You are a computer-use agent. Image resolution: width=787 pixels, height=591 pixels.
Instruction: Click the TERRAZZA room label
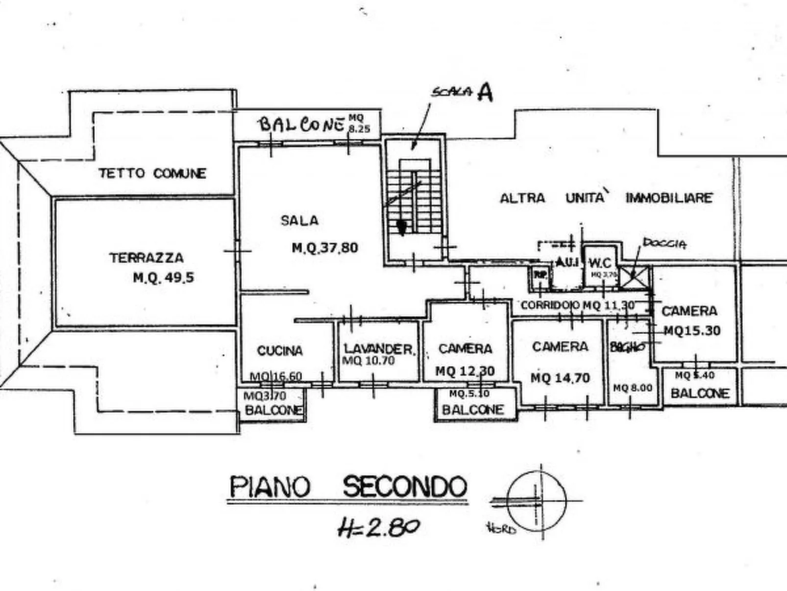pyautogui.click(x=146, y=258)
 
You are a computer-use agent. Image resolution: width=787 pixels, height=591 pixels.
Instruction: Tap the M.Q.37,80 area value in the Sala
pyautogui.click(x=325, y=248)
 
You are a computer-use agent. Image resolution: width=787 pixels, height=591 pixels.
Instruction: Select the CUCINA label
pyautogui.click(x=280, y=351)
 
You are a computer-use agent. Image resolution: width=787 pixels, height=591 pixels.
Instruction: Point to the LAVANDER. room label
pyautogui.click(x=379, y=349)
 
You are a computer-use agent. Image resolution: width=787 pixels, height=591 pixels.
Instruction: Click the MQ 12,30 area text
pyautogui.click(x=465, y=371)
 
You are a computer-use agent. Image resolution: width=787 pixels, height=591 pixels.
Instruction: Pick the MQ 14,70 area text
pyautogui.click(x=560, y=378)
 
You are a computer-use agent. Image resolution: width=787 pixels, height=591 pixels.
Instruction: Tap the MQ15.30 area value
pyautogui.click(x=692, y=331)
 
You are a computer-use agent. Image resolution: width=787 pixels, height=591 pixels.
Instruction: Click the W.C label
pyautogui.click(x=600, y=263)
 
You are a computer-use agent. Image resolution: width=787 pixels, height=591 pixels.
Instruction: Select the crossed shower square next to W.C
pyautogui.click(x=636, y=277)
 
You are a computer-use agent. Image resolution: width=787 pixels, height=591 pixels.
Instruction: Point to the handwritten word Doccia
pyautogui.click(x=664, y=242)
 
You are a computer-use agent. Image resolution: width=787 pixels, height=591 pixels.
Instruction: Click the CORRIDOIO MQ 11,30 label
pyautogui.click(x=577, y=305)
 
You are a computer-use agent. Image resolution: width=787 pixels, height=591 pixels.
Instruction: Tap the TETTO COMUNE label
pyautogui.click(x=152, y=173)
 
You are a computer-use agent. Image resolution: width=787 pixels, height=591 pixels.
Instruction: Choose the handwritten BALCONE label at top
pyautogui.click(x=301, y=124)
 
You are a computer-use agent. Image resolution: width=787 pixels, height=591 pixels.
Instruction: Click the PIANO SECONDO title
pyautogui.click(x=347, y=487)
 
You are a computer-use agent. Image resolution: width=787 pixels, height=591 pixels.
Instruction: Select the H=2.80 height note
pyautogui.click(x=378, y=528)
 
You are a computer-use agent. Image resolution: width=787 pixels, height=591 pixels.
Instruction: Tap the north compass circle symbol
pyautogui.click(x=536, y=501)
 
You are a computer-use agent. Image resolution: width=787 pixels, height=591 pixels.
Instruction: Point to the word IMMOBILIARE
pyautogui.click(x=668, y=198)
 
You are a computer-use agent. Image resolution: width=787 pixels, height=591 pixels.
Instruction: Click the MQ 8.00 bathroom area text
pyautogui.click(x=632, y=388)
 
